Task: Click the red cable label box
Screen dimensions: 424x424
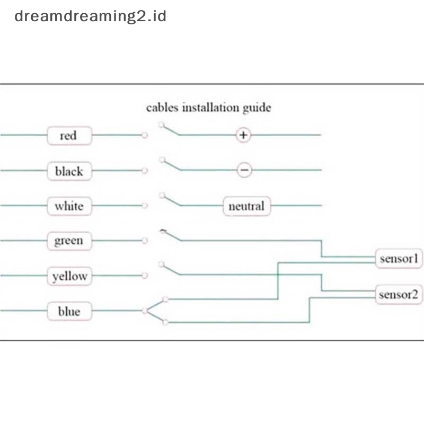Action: point(69,136)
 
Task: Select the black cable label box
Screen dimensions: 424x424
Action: point(69,171)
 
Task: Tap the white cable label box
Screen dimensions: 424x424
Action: point(69,206)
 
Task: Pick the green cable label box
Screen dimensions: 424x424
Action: point(69,241)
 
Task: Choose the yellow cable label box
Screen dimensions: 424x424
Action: point(69,276)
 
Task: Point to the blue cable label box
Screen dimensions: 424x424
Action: point(69,311)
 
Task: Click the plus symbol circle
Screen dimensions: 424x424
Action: point(243,135)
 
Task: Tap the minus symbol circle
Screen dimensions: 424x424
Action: point(244,170)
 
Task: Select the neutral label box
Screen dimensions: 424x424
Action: point(246,206)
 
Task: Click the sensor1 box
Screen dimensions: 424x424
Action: point(399,259)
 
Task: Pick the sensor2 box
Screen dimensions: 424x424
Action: point(399,295)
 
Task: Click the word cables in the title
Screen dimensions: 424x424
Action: point(162,108)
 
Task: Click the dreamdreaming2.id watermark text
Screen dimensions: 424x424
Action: point(90,16)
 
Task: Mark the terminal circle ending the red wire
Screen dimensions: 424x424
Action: point(145,135)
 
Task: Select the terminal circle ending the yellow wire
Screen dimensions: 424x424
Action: point(145,276)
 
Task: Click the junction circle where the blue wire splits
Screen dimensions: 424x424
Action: point(145,311)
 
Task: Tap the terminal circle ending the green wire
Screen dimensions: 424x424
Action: point(145,241)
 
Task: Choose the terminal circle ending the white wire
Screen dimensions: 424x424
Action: point(145,206)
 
